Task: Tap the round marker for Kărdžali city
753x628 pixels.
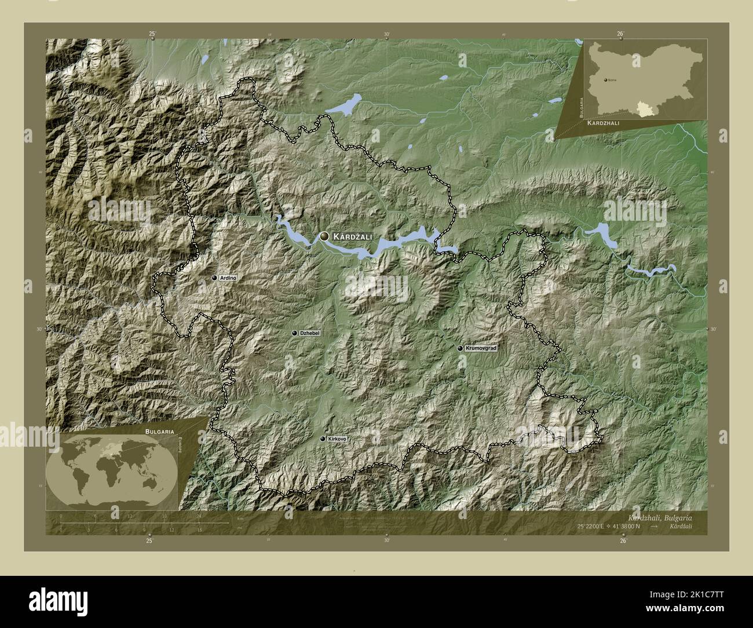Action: click(324, 236)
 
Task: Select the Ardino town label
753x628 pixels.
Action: click(228, 278)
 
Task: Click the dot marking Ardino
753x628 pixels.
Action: click(214, 278)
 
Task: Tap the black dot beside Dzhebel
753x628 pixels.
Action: click(295, 333)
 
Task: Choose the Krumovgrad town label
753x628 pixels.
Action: click(481, 348)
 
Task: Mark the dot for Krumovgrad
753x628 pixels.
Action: click(460, 349)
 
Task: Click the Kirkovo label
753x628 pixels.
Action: click(337, 439)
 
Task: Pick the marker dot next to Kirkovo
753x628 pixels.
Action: click(323, 439)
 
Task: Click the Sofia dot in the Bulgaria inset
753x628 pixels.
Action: click(606, 79)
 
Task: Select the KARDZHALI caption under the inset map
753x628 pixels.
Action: click(608, 124)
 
